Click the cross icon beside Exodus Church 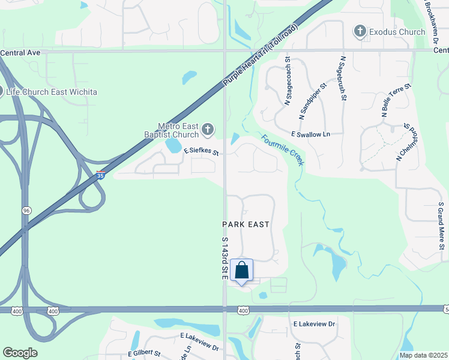[360, 31]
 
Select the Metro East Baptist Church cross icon [207, 128]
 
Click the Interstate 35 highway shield [101, 175]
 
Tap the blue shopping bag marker [241, 271]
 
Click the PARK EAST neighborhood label [246, 224]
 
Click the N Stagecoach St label [288, 82]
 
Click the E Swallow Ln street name [310, 134]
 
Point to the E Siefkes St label [200, 152]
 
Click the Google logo [20, 353]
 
